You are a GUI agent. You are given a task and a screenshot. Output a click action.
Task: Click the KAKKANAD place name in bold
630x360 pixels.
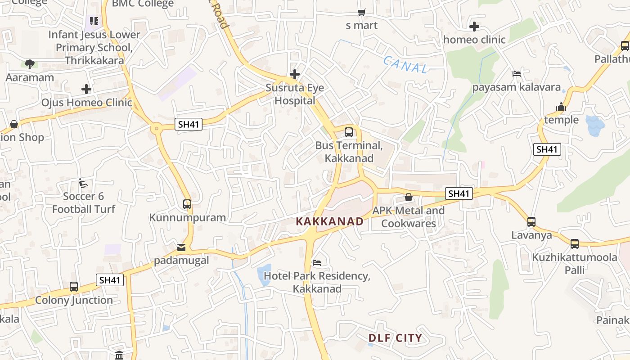coord(329,221)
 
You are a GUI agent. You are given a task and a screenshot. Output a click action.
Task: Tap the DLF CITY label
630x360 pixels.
coord(395,338)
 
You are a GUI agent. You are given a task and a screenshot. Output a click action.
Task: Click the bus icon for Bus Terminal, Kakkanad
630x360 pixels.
coord(349,132)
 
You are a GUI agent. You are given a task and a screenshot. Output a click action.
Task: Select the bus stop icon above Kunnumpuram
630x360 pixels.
coord(187,204)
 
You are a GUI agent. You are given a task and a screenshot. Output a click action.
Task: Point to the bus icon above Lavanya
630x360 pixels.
coord(531,222)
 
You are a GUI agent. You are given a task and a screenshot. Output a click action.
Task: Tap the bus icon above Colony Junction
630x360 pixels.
coord(74,287)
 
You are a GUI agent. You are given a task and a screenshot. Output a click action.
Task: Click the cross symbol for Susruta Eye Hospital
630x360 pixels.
coord(295,74)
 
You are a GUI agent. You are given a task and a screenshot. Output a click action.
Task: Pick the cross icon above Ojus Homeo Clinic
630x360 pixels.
coord(86,89)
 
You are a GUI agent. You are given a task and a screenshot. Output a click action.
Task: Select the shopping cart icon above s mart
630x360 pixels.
coord(361,12)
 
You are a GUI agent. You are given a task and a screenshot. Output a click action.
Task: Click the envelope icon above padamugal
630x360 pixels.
coord(181,247)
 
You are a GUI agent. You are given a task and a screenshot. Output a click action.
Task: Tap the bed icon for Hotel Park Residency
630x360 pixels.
coord(317,262)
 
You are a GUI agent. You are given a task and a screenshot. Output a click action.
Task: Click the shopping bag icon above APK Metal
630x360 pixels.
coord(409,197)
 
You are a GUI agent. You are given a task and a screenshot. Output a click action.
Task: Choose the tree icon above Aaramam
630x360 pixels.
coord(30,64)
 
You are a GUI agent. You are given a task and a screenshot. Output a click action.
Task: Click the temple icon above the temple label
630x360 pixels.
coord(561,107)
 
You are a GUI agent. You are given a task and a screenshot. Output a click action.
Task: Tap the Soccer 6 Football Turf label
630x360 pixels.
coord(83,202)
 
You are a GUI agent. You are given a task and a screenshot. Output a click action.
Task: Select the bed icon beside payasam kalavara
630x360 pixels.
coord(516,74)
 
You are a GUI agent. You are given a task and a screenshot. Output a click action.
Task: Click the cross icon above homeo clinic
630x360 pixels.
coord(474,27)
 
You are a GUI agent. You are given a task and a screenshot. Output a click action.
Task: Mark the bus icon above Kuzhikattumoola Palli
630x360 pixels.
coord(575,244)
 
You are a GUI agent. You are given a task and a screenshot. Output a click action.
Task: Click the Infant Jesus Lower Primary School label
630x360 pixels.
coord(94,47)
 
